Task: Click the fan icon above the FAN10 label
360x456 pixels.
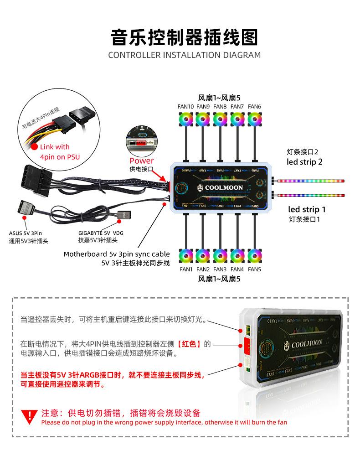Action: tap(185, 119)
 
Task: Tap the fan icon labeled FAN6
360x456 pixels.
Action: tap(254, 119)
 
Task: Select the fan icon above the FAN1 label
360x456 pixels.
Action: tap(185, 255)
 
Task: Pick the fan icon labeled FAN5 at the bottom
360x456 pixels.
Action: tap(254, 255)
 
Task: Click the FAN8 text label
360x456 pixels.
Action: tap(220, 107)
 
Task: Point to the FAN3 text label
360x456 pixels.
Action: tap(220, 269)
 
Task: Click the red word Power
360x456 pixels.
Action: tap(142, 161)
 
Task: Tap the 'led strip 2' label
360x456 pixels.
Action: tap(304, 162)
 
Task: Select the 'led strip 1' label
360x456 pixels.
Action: tap(307, 209)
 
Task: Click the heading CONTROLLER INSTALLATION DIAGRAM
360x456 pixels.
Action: tap(184, 55)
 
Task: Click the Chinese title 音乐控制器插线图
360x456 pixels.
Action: tap(184, 37)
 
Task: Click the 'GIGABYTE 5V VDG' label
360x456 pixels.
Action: tap(101, 233)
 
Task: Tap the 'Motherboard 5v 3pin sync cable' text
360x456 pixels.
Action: tap(117, 254)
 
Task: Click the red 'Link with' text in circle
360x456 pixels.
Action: tap(55, 147)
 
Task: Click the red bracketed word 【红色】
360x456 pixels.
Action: tap(189, 344)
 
